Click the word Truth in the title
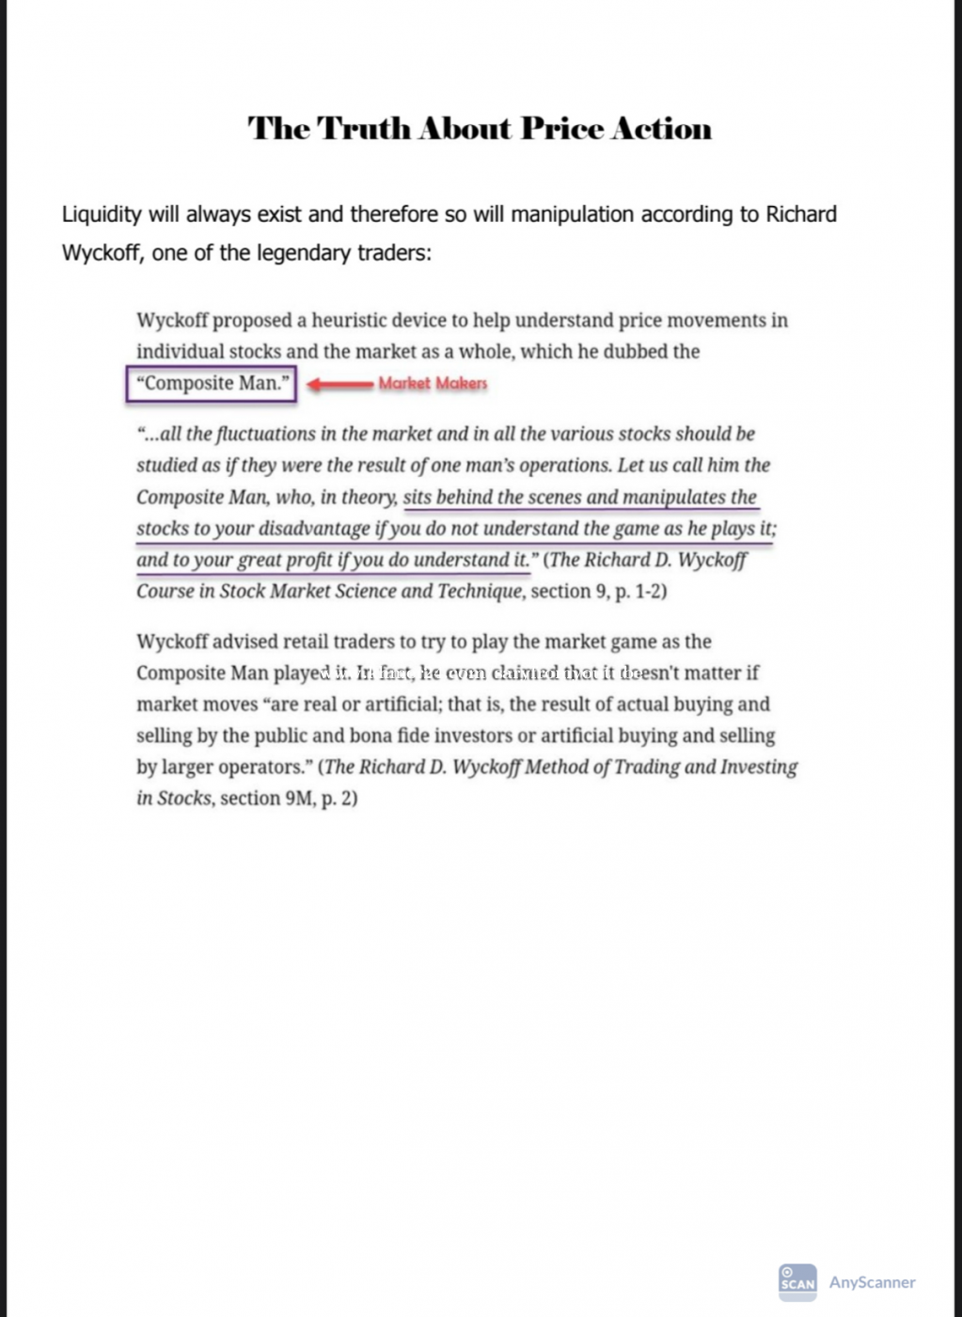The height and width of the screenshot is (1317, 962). (x=364, y=128)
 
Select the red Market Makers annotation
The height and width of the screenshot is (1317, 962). (x=433, y=383)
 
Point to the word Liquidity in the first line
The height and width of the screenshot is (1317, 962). (x=101, y=214)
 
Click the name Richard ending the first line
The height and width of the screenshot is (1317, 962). (x=800, y=214)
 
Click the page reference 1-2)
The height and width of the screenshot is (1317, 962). (x=648, y=592)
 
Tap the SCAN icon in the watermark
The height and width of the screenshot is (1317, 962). (x=797, y=1281)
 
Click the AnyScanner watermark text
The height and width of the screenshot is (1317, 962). (x=872, y=1282)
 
